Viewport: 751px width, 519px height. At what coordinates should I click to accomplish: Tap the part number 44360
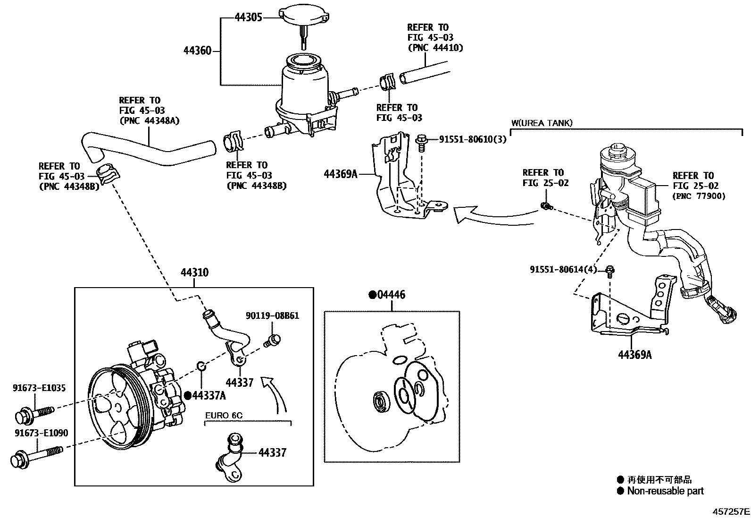[198, 51]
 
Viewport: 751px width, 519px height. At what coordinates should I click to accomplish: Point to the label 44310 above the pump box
[194, 272]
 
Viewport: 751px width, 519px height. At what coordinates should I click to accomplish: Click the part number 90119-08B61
[272, 315]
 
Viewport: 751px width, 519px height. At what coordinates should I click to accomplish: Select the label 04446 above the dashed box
[391, 295]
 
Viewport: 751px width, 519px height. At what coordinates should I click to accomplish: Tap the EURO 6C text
[224, 416]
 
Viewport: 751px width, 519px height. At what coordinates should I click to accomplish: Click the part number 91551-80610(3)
[472, 139]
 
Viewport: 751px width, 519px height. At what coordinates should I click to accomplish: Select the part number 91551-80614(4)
[563, 269]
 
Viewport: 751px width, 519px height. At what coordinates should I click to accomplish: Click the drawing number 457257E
[731, 511]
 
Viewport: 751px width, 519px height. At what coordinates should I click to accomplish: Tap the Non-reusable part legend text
[665, 491]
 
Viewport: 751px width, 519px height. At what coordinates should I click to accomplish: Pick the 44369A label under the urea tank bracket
[634, 354]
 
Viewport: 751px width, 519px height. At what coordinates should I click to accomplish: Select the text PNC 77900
[699, 196]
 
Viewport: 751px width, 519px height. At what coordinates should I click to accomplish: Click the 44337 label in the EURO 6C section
[272, 452]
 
